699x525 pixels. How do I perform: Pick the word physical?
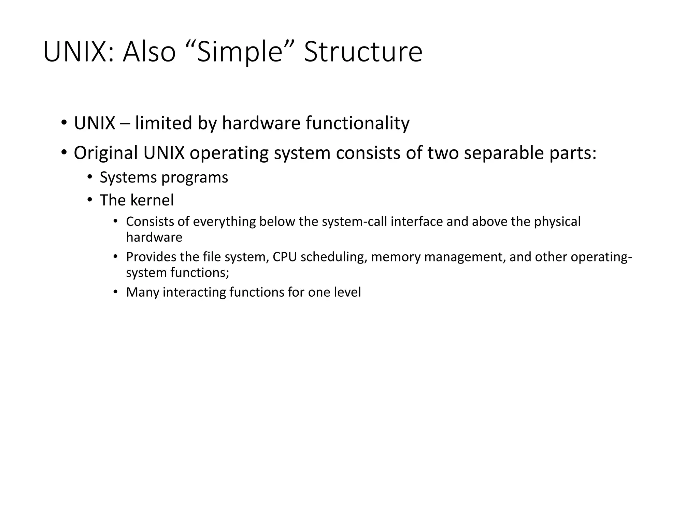tap(557, 222)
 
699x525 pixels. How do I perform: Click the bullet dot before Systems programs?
tap(90, 177)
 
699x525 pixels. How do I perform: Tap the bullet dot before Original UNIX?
tap(64, 152)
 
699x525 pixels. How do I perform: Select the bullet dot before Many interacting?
tap(116, 292)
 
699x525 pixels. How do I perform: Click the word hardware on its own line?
tap(154, 237)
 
